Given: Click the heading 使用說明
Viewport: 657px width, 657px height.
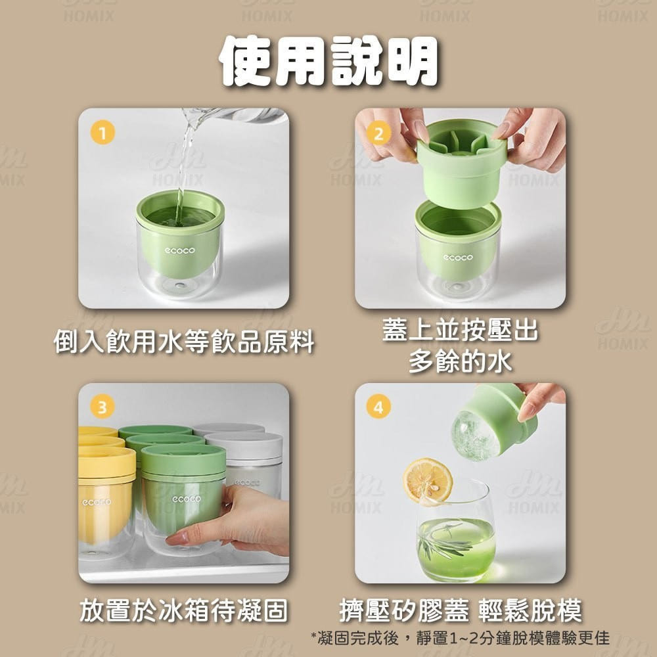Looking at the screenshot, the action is [328, 62].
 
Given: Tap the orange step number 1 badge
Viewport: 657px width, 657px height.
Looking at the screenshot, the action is [102, 133].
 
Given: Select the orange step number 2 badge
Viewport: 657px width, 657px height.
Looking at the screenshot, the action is [379, 133].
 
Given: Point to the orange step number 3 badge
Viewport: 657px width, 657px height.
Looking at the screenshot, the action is [102, 407].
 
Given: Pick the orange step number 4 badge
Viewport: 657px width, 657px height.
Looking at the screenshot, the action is [379, 407].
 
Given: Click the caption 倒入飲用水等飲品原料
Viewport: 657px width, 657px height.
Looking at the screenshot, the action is [184, 341].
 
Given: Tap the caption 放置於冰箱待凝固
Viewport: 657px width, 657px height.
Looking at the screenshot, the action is [184, 610].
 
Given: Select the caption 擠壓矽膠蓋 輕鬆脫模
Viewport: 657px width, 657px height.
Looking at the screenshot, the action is [461, 610].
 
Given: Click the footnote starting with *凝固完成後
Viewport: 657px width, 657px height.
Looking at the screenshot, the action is [460, 638].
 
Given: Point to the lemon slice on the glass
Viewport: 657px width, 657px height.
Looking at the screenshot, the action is [428, 482].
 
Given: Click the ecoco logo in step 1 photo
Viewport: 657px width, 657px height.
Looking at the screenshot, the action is [180, 250].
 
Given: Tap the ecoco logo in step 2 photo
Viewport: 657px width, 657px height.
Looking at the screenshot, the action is [458, 257].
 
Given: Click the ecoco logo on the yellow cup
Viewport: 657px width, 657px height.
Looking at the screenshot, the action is [97, 501].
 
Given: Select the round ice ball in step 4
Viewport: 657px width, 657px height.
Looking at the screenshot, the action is [475, 436].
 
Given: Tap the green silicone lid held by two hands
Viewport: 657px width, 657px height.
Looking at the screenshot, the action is [462, 163].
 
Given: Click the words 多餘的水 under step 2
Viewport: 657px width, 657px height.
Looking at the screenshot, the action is [461, 361].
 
